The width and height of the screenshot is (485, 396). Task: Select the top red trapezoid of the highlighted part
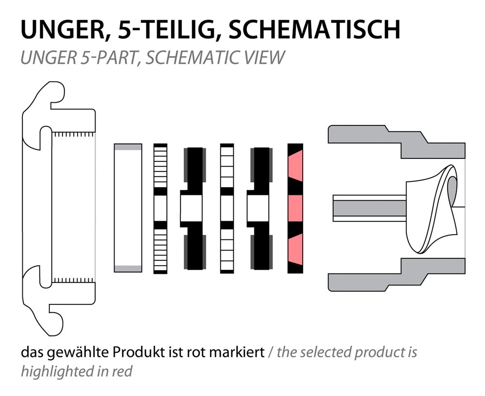pos(295,166)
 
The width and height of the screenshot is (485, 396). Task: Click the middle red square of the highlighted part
pos(295,208)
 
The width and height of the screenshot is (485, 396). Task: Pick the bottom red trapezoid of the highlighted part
pos(295,250)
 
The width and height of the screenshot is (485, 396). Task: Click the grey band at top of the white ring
pos(128,147)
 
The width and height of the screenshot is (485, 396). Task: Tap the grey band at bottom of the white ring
pos(128,269)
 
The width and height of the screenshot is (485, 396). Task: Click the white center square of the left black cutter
pos(191,208)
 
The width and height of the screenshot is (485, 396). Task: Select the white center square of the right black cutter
pos(258,208)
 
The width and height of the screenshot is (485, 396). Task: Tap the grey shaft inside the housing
pos(370,208)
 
